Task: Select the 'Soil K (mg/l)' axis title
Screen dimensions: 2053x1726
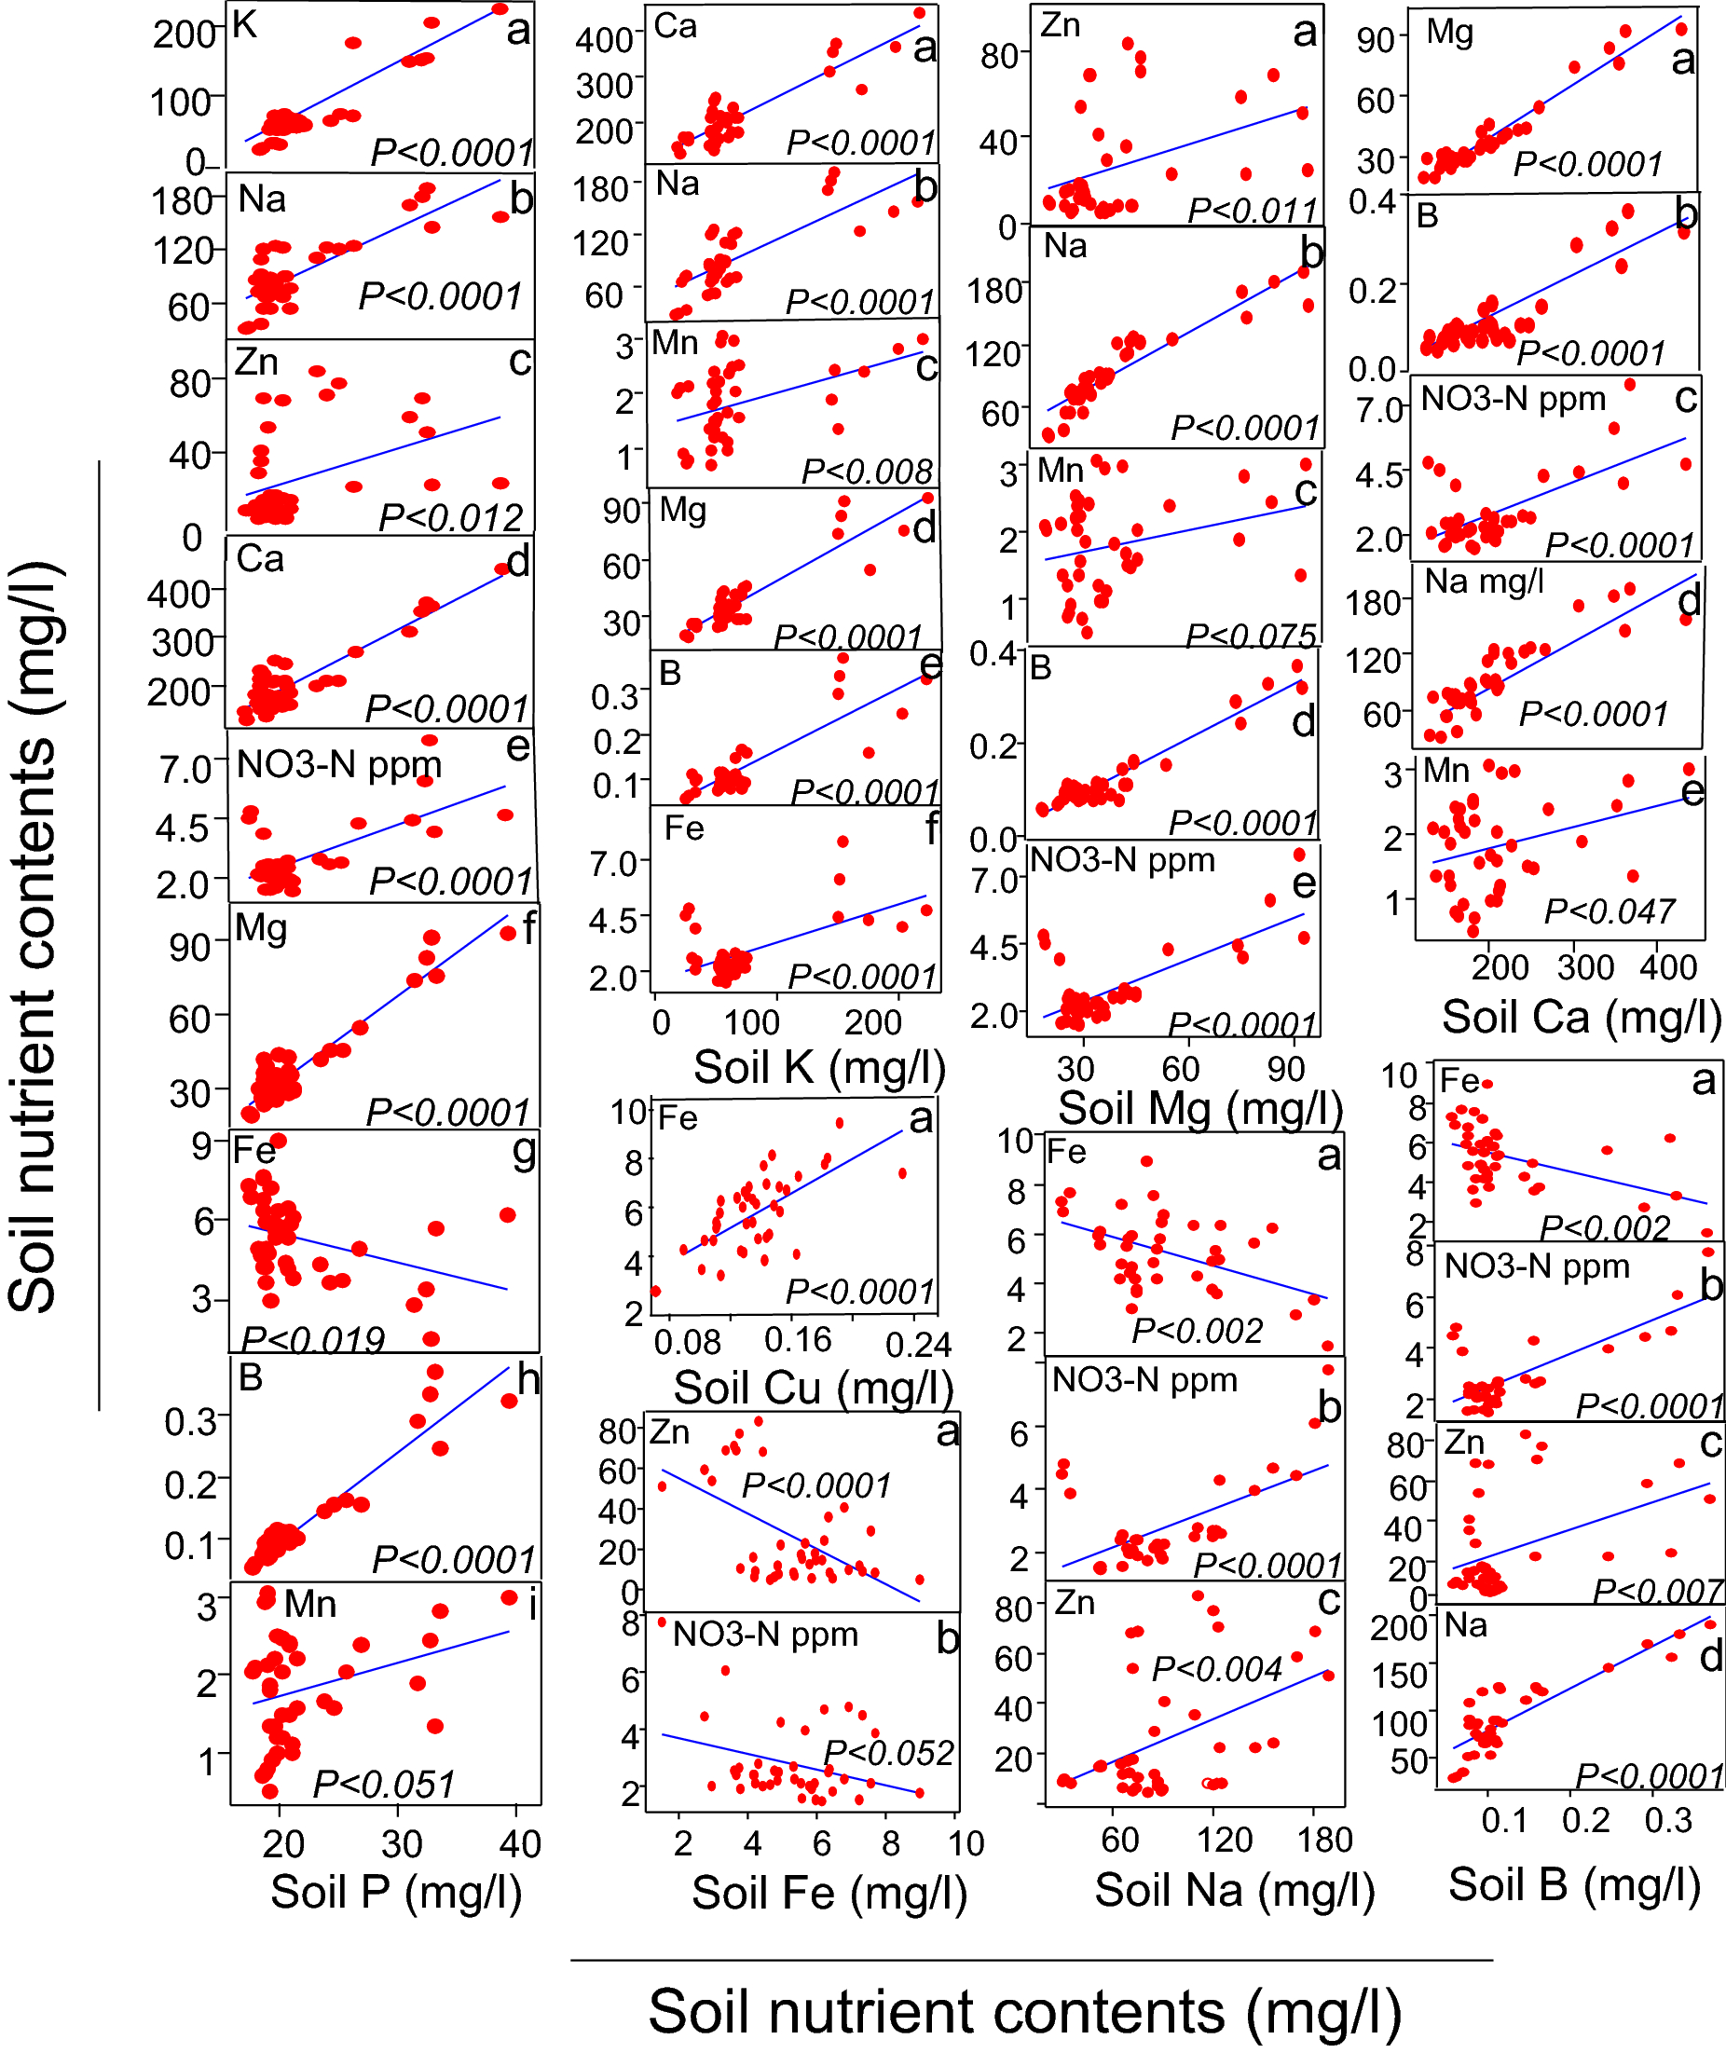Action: [820, 1066]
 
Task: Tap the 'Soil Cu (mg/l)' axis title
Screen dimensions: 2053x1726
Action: [813, 1388]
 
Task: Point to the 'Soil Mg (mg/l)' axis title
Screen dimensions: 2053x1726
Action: [1200, 1108]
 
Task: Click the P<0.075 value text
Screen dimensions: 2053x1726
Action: [1251, 636]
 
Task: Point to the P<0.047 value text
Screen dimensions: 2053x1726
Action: [1610, 911]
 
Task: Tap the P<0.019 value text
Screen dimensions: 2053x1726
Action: [313, 1338]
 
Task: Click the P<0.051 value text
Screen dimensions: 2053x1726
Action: [384, 1784]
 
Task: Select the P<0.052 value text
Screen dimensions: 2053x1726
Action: [888, 1752]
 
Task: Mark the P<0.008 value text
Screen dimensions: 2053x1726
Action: [867, 471]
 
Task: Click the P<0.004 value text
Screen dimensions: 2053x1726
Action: [1216, 1668]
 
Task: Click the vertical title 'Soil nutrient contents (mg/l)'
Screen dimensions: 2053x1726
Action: [34, 937]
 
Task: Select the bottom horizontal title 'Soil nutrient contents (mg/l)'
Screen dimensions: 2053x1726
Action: [1025, 2013]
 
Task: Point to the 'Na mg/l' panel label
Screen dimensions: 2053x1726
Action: [1484, 582]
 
